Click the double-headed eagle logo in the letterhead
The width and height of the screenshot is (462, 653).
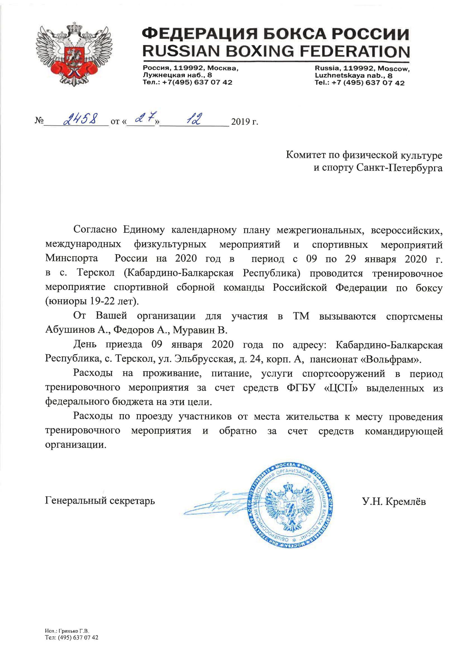[74, 54]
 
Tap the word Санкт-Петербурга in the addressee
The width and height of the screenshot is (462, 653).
[399, 168]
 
